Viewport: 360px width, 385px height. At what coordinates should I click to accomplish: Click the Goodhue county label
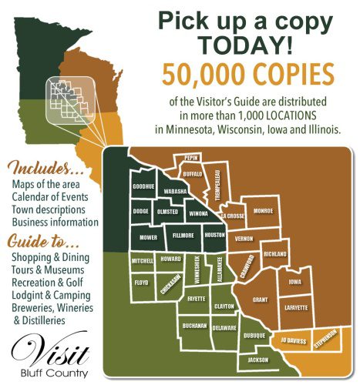point(143,187)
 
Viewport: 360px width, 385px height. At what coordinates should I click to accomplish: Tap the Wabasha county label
point(177,191)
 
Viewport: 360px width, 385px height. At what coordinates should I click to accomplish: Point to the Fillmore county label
point(181,229)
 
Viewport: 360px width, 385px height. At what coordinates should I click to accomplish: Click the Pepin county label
point(192,158)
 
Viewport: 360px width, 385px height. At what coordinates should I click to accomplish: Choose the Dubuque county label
point(254,334)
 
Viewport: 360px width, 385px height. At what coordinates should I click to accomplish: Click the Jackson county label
point(258,360)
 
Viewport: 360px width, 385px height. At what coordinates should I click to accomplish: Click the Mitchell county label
point(143,262)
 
